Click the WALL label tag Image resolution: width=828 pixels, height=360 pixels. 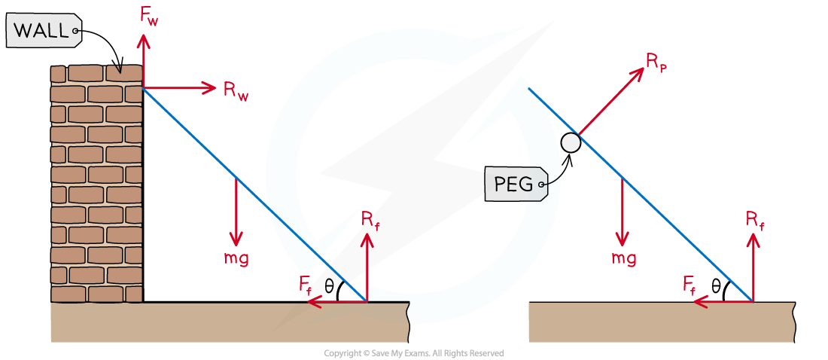tap(42, 31)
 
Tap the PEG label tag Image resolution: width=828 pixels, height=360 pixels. tap(516, 184)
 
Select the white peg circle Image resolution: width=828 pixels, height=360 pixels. tap(571, 142)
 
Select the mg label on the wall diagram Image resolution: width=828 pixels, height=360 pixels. tap(236, 258)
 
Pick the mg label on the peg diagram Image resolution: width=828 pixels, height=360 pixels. tap(623, 258)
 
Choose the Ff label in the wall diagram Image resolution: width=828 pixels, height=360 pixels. tap(306, 284)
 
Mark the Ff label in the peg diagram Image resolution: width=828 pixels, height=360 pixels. tap(689, 284)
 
